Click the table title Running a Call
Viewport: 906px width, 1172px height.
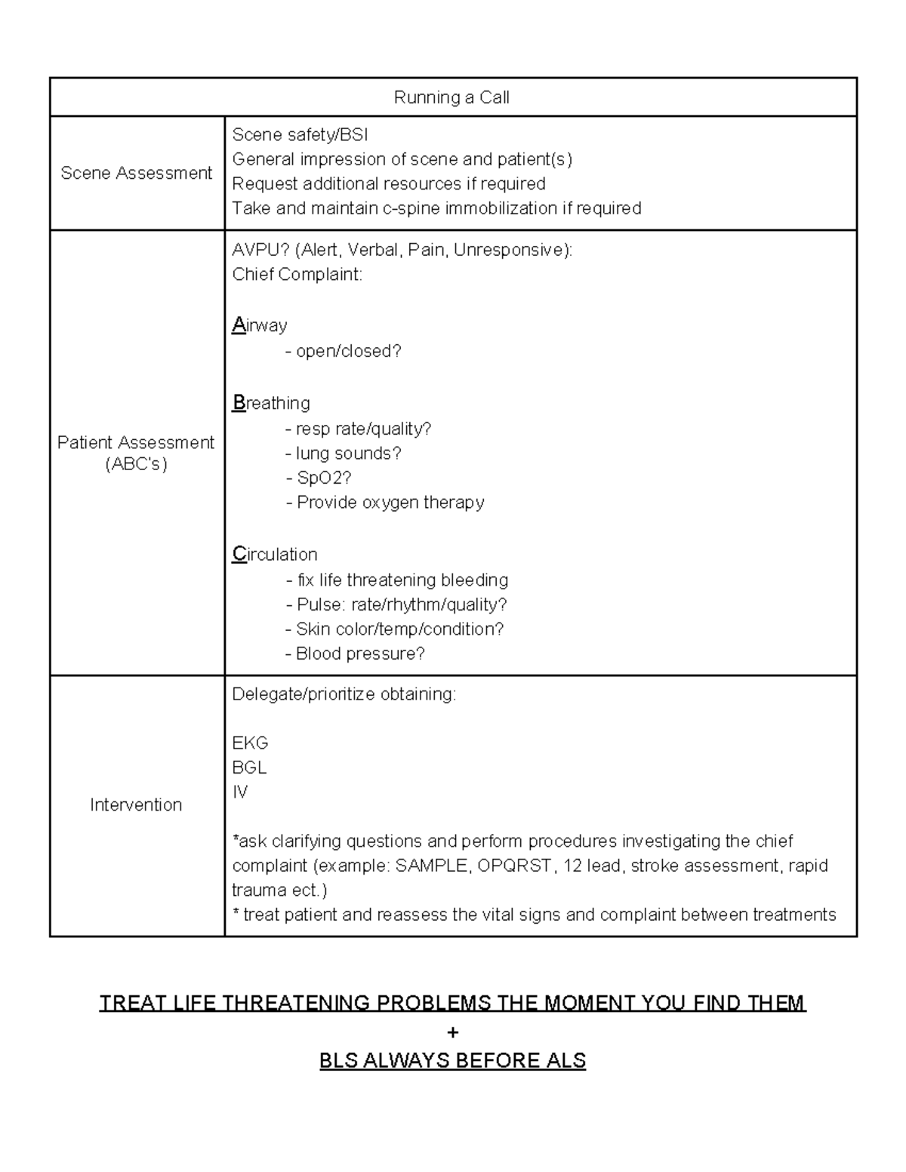tap(451, 97)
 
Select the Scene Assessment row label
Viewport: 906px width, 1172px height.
tap(136, 173)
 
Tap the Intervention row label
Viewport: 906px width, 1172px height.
tap(136, 804)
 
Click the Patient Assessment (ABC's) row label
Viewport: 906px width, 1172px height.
tap(136, 453)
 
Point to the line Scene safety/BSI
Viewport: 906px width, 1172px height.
tap(300, 134)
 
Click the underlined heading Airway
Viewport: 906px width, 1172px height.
tap(260, 325)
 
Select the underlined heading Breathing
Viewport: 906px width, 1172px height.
tap(271, 403)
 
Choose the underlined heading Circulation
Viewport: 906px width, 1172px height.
tap(275, 554)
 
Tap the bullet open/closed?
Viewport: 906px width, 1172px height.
tap(344, 351)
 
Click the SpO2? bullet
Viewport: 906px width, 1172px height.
tap(319, 478)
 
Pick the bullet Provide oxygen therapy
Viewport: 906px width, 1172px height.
tap(386, 503)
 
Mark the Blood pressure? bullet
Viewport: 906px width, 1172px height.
tap(356, 654)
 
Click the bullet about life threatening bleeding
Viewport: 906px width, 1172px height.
tap(398, 580)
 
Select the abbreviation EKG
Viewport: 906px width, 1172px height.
tap(250, 743)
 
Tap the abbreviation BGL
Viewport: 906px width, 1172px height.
tap(249, 767)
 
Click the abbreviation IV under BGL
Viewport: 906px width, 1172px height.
tap(239, 792)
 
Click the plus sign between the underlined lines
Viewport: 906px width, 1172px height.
tap(452, 1032)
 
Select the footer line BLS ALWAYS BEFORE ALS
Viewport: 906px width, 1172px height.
tap(452, 1060)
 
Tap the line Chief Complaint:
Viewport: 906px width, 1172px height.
tap(297, 274)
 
